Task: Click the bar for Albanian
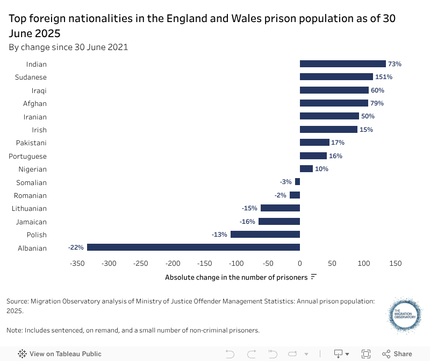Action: point(193,247)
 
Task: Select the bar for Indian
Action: point(343,64)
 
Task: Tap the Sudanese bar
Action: point(336,77)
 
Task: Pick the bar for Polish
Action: point(265,235)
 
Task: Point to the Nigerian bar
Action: point(306,169)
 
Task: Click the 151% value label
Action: point(384,77)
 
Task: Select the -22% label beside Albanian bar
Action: point(76,247)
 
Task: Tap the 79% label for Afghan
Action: point(377,103)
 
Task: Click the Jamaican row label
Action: point(32,222)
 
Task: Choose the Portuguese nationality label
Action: point(28,156)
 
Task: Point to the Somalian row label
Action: point(31,182)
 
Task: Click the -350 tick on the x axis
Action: point(77,264)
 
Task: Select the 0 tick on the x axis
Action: point(300,264)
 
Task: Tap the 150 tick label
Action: point(396,264)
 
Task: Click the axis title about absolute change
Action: point(236,277)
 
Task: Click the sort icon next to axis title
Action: point(314,277)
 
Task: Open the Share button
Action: point(397,353)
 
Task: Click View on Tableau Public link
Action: point(60,353)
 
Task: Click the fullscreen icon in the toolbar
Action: point(366,353)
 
